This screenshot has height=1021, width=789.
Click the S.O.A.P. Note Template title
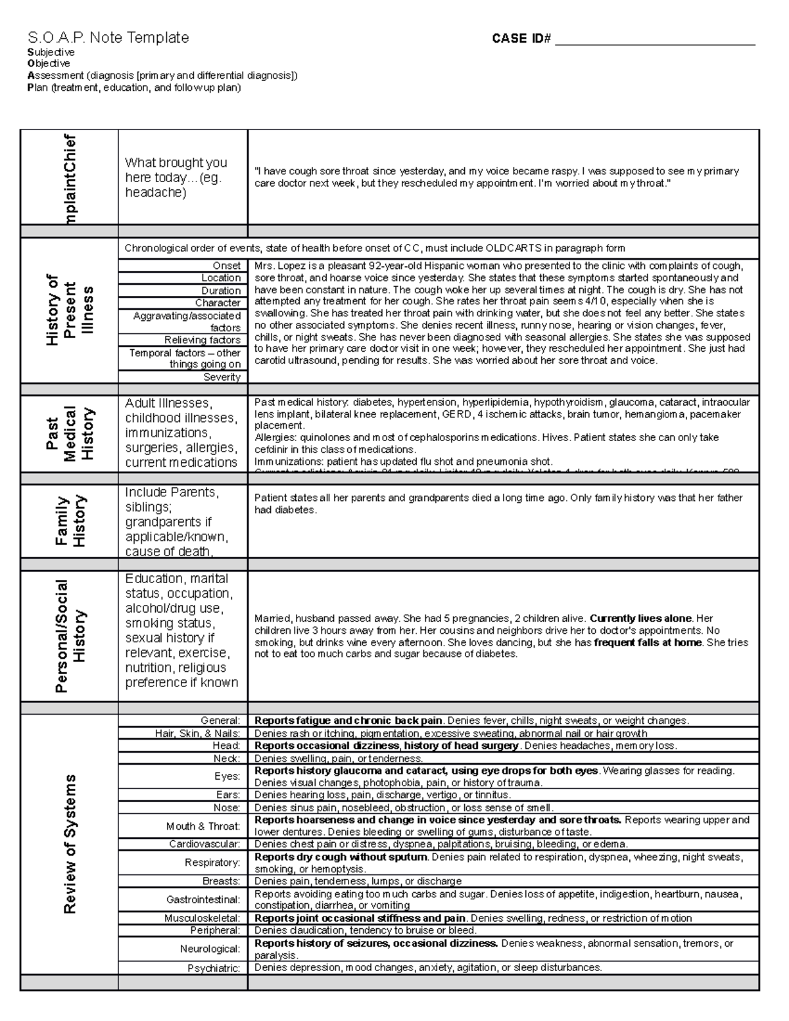pos(108,37)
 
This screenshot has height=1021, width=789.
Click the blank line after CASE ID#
pos(655,39)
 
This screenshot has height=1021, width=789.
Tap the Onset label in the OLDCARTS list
pos(226,266)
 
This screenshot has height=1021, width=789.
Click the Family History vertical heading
pos(70,521)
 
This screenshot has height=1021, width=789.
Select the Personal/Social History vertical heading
pos(70,636)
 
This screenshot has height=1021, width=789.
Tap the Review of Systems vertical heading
pos(70,844)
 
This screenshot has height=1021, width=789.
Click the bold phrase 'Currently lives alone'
pos(641,619)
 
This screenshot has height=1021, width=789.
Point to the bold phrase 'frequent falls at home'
pos(648,642)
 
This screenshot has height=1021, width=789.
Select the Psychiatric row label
pos(214,968)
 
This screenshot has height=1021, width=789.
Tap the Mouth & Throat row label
pos(203,826)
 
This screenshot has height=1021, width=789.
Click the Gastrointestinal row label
pos(203,899)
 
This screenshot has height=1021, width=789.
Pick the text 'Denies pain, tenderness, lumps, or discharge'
pos(358,881)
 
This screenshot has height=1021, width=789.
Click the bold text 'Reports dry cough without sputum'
pos(341,857)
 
